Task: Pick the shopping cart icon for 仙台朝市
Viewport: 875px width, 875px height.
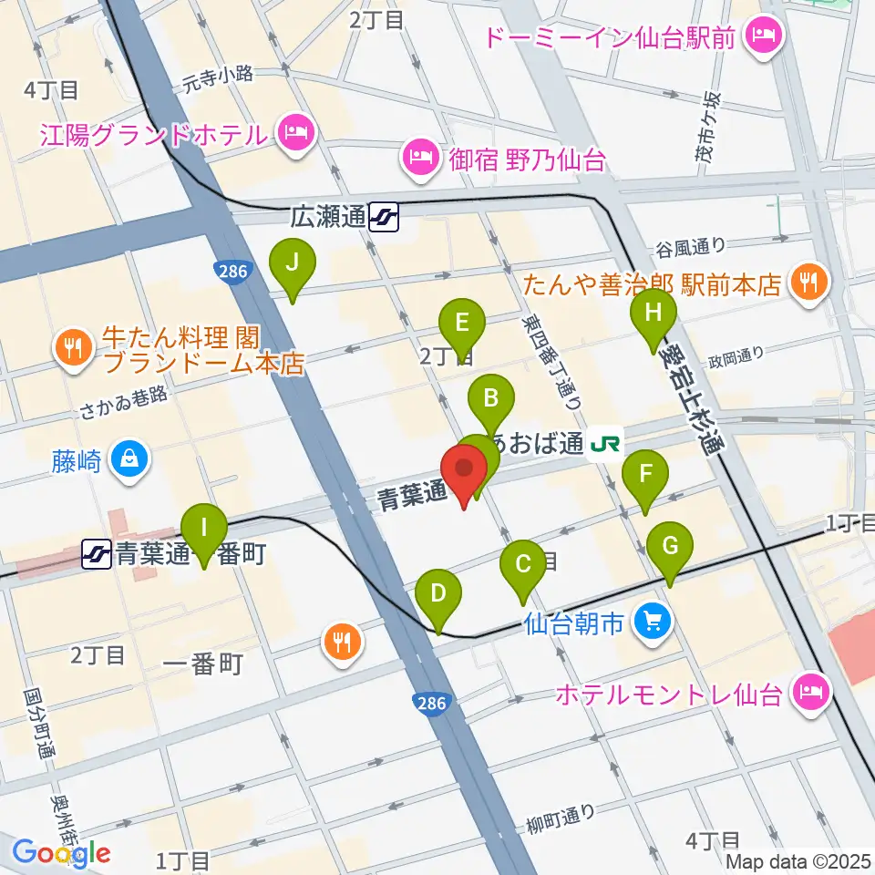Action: point(654,623)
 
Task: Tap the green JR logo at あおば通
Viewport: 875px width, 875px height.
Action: point(606,444)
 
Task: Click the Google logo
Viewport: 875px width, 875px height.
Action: point(61,853)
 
